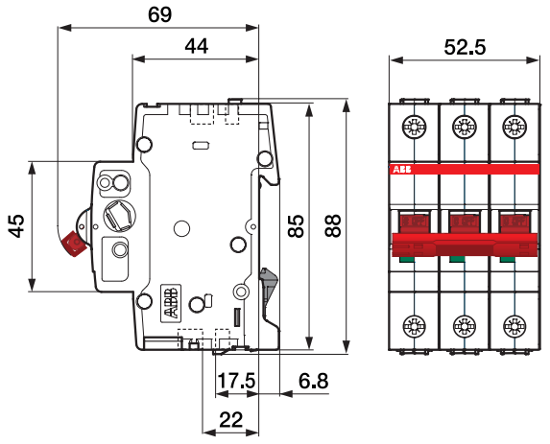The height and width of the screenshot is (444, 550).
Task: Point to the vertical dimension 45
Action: click(15, 225)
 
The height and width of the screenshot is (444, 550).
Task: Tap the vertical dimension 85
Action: click(297, 226)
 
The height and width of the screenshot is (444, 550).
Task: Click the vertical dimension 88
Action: click(333, 226)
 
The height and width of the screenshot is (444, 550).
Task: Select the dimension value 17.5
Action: click(236, 382)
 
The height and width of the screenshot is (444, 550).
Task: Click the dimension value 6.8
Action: click(313, 382)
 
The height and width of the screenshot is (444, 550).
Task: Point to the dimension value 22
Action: click(230, 418)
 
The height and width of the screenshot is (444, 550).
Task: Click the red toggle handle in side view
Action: click(72, 245)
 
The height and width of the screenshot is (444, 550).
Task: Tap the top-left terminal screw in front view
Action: click(415, 127)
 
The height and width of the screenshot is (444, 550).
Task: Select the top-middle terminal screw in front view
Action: click(464, 127)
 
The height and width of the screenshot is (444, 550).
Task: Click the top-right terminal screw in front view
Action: click(513, 127)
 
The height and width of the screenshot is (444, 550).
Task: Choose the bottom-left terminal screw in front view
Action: click(415, 324)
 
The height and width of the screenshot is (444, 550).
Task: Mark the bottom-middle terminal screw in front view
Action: click(464, 324)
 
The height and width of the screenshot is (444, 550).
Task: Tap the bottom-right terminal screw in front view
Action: click(513, 324)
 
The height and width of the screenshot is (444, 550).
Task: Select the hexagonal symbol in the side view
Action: click(119, 215)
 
